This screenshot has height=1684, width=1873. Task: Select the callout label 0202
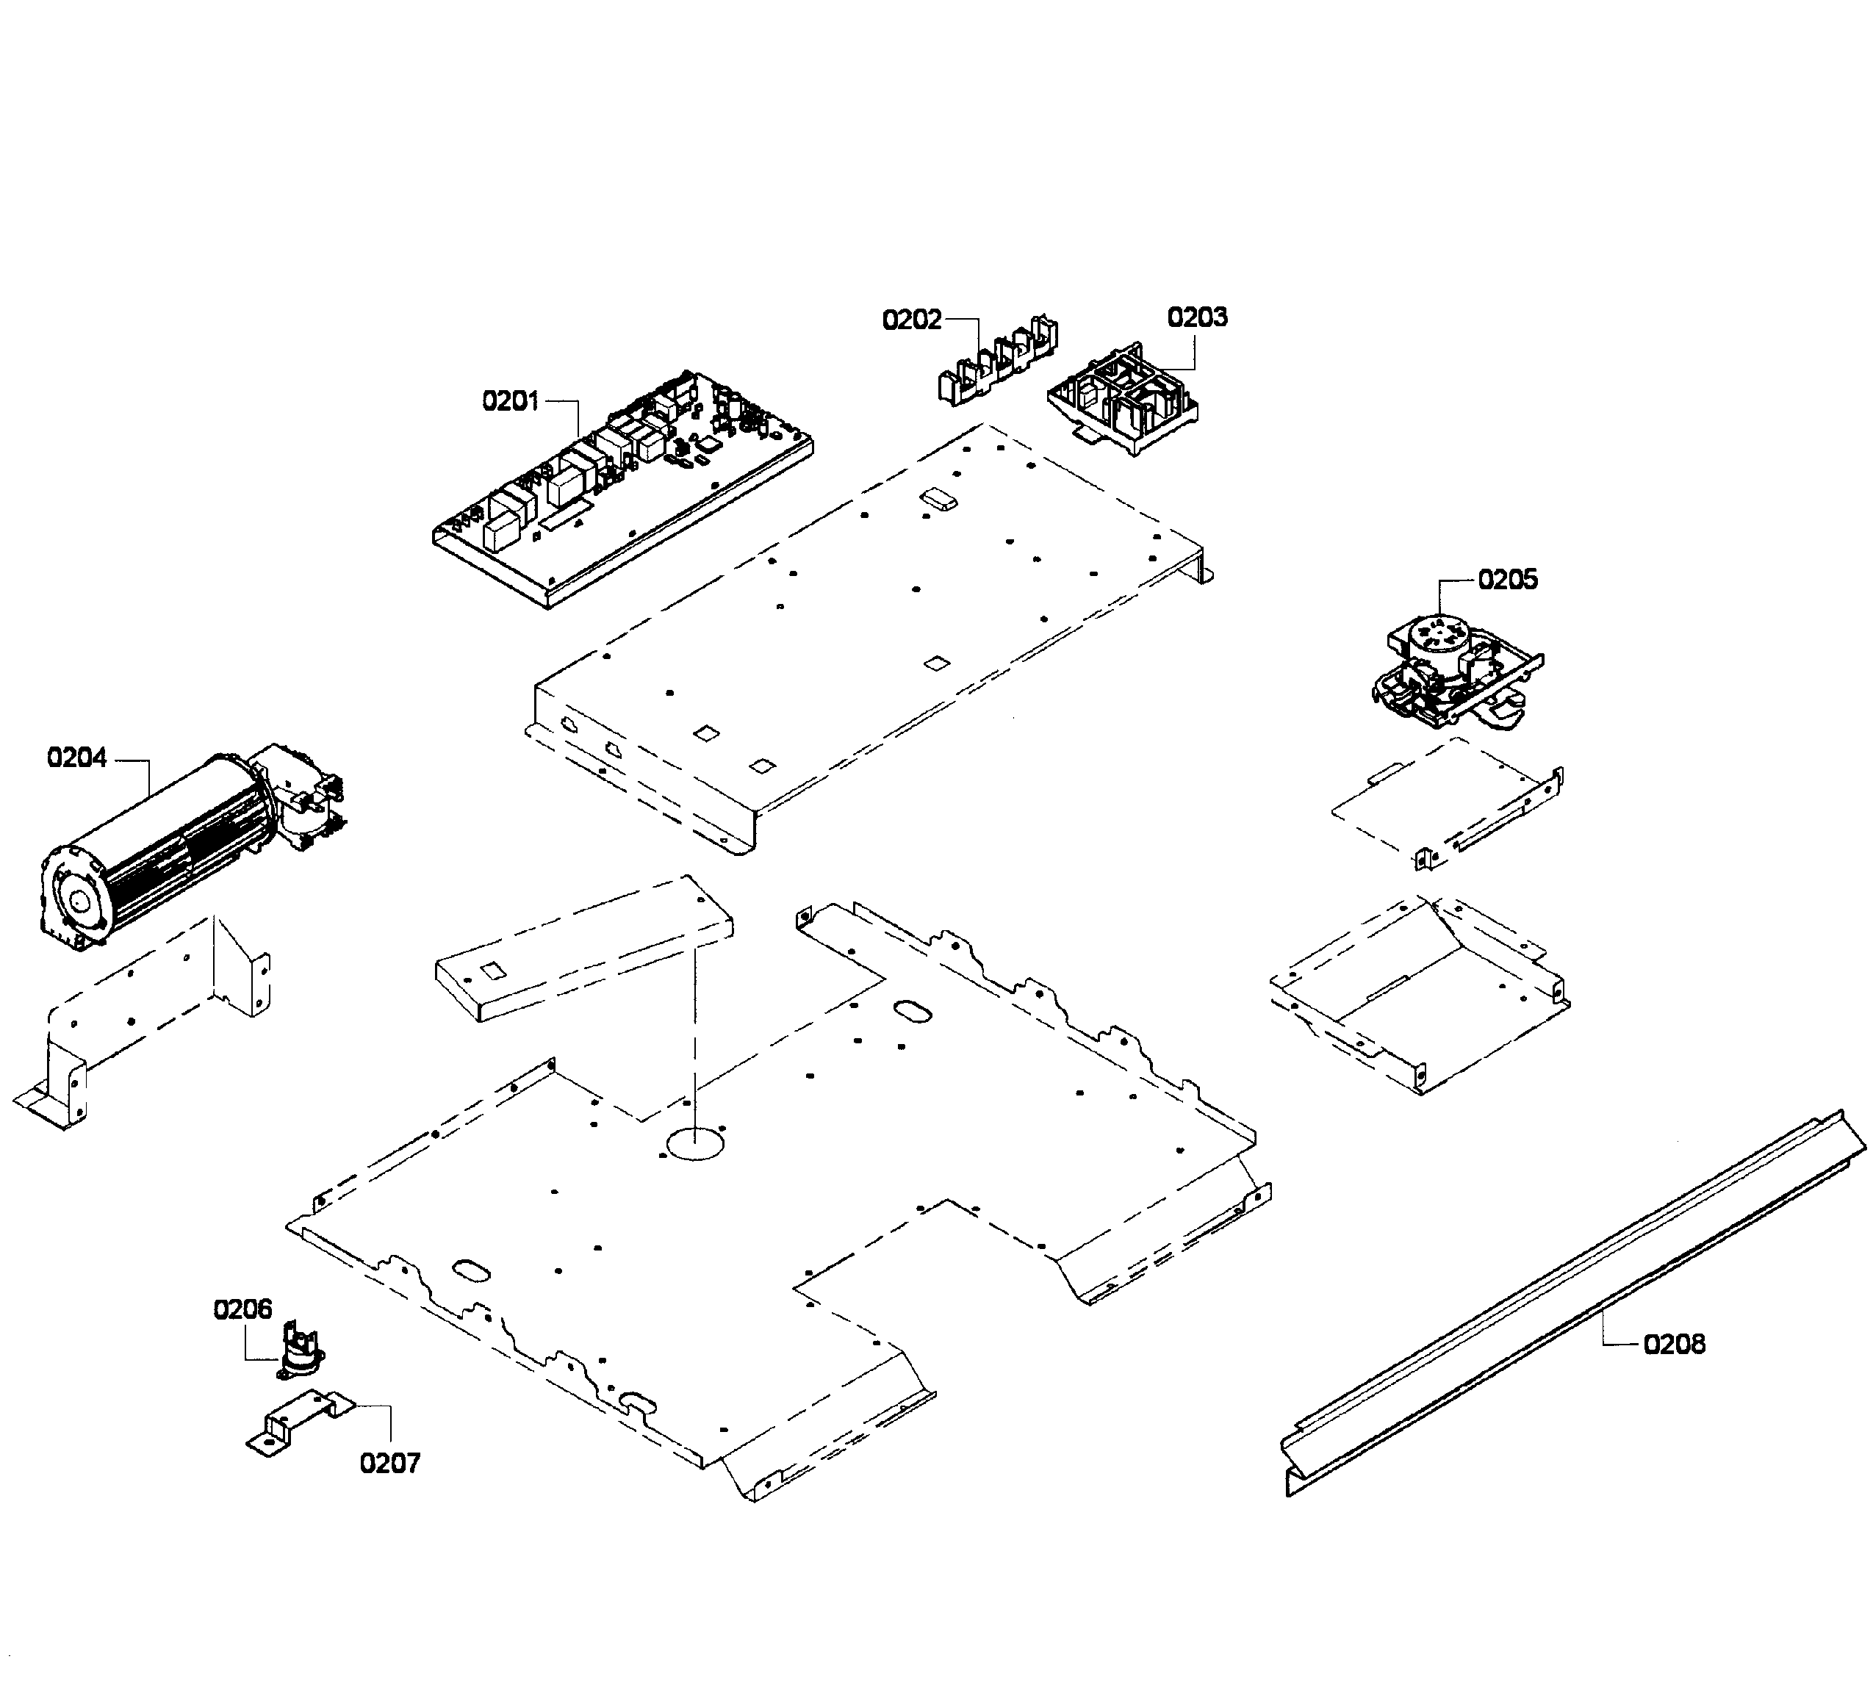coord(911,320)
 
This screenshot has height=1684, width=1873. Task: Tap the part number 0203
coord(1198,317)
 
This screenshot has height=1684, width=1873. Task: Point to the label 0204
coord(77,758)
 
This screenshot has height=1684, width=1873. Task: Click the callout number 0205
coord(1508,580)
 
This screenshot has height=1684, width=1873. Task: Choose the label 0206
coord(243,1309)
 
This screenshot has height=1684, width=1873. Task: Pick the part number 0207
coord(389,1463)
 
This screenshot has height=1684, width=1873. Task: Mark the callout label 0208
coord(1674,1344)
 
